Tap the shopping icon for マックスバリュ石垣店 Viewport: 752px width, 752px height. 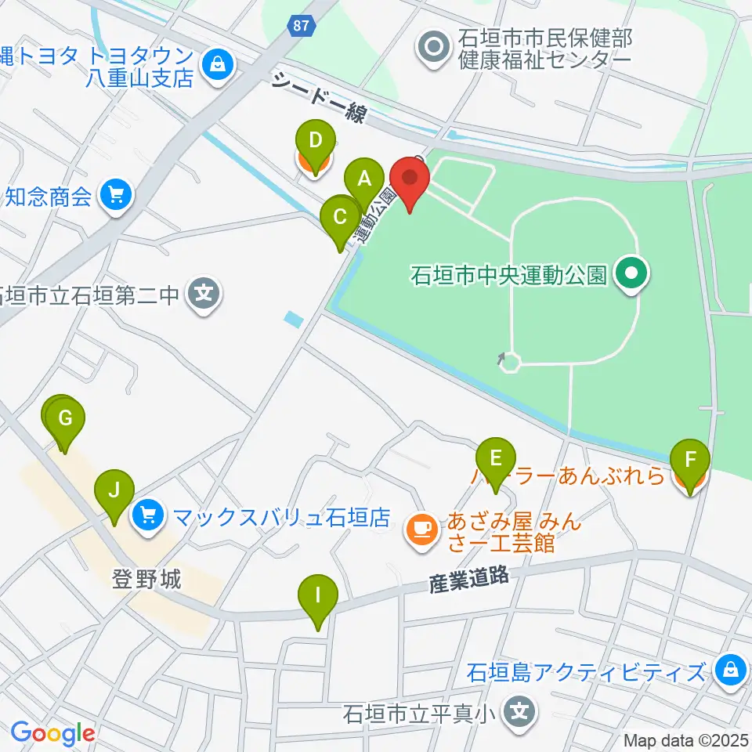[x=149, y=515]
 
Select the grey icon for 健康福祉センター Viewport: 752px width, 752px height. [x=432, y=48]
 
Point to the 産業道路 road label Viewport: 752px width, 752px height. [x=469, y=580]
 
